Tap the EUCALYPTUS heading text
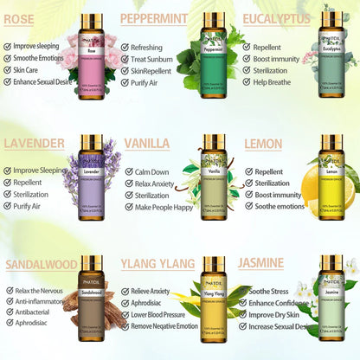[x=276, y=18]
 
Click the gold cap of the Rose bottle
[x=90, y=20]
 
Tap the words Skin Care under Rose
[x=32, y=70]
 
